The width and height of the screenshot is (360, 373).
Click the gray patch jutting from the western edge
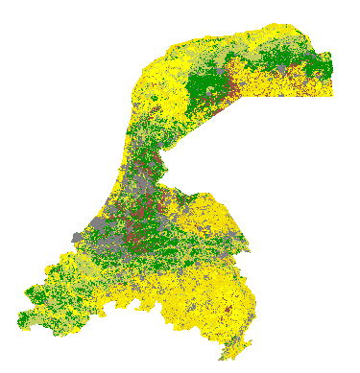(77, 237)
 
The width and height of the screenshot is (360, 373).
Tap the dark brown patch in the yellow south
(227, 312)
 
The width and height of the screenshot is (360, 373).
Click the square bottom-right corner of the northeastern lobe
(331, 97)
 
